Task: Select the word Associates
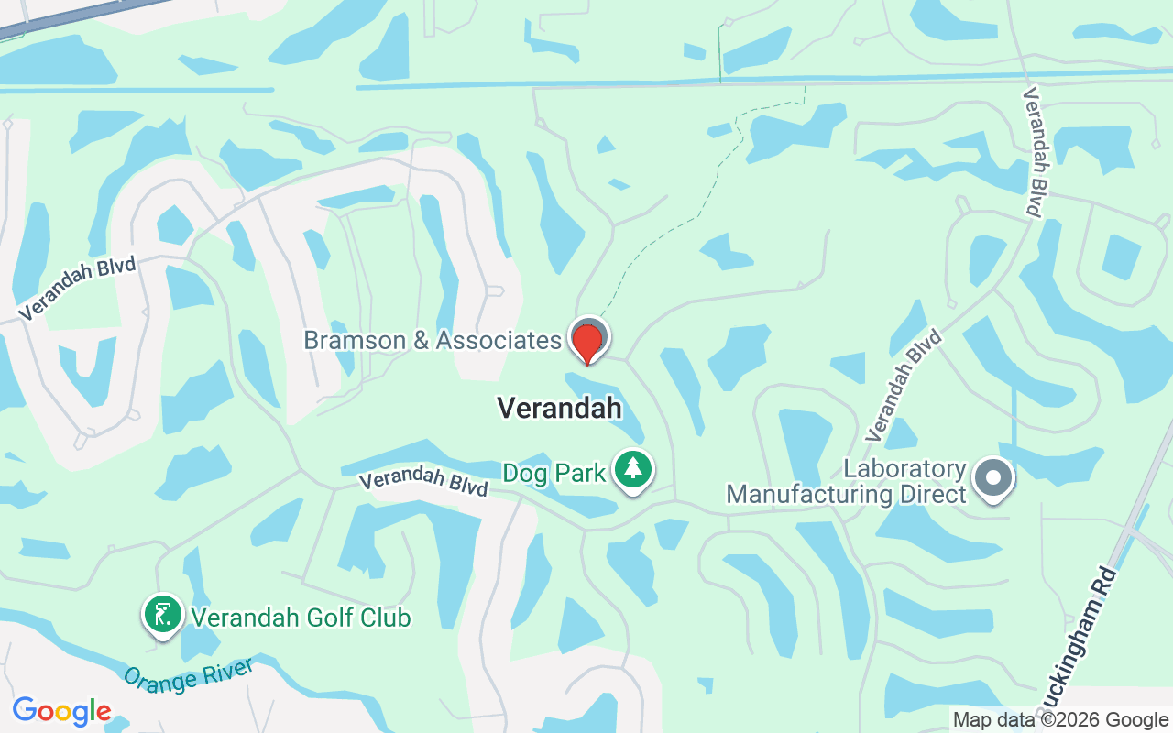click(x=499, y=341)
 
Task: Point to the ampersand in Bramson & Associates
click(x=421, y=341)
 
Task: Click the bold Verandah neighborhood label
click(x=559, y=408)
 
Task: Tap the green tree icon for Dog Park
click(x=632, y=469)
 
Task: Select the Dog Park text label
click(x=554, y=473)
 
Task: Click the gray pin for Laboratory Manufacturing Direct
click(x=992, y=478)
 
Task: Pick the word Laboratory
click(x=905, y=469)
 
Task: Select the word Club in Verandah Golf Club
click(x=389, y=618)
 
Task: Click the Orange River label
click(x=187, y=677)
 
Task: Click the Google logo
click(x=61, y=711)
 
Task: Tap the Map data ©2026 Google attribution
click(x=1060, y=720)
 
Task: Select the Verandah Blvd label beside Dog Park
click(x=422, y=482)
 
